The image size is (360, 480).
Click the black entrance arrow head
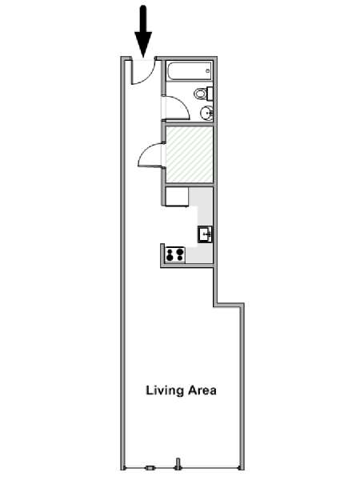tap(143, 43)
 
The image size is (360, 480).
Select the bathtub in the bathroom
tap(189, 72)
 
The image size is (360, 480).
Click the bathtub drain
tap(207, 71)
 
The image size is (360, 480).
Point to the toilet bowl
tap(201, 94)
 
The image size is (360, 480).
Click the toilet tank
tap(210, 94)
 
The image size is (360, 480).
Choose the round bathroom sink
tap(206, 113)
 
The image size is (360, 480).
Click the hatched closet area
tap(189, 154)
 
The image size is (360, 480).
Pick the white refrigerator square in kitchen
tap(178, 197)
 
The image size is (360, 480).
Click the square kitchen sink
tap(205, 234)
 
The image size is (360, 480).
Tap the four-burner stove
tap(175, 254)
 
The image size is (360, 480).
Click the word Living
tap(165, 391)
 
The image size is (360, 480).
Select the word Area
tap(202, 390)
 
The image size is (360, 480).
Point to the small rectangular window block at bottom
tap(150, 468)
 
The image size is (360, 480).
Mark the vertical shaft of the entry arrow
tap(143, 19)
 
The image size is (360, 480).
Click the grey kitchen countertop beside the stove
tap(198, 254)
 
